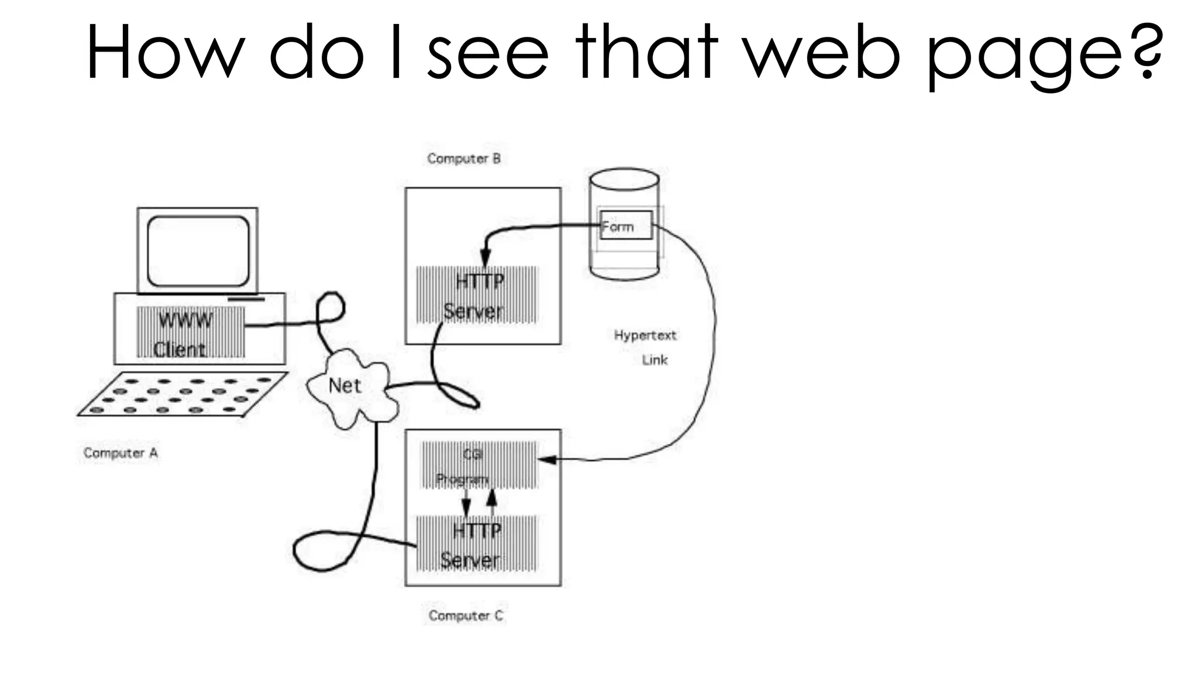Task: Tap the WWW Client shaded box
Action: click(191, 332)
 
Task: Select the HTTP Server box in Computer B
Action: click(476, 295)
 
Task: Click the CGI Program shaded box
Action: click(478, 465)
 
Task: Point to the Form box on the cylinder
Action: click(625, 226)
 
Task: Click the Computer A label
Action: click(121, 453)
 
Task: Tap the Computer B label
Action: click(464, 159)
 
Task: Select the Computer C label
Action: click(466, 615)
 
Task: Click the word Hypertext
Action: click(645, 335)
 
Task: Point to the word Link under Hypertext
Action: click(655, 360)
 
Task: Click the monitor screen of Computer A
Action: click(198, 250)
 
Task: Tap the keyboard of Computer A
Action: click(183, 394)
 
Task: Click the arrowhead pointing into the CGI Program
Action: click(546, 459)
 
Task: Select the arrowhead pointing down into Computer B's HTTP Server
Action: click(485, 258)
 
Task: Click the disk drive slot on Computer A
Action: click(246, 300)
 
